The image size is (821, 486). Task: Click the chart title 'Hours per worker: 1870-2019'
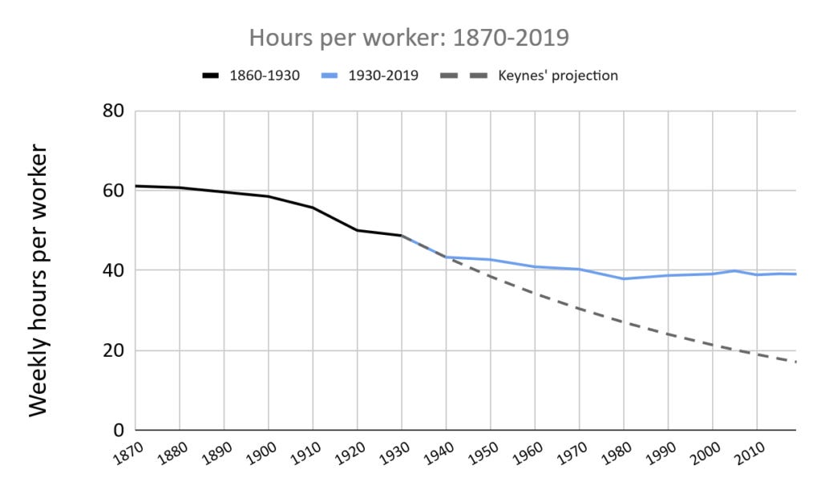click(410, 38)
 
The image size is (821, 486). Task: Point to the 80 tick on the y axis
click(112, 111)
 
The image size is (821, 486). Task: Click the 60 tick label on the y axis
click(112, 191)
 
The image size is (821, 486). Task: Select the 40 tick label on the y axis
click(112, 270)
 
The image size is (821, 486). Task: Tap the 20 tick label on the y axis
click(112, 350)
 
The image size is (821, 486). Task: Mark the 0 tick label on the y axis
click(117, 431)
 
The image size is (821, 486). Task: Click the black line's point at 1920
click(357, 230)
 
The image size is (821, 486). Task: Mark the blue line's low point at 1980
click(624, 278)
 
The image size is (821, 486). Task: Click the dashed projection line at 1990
click(668, 334)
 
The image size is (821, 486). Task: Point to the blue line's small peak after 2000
click(734, 271)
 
